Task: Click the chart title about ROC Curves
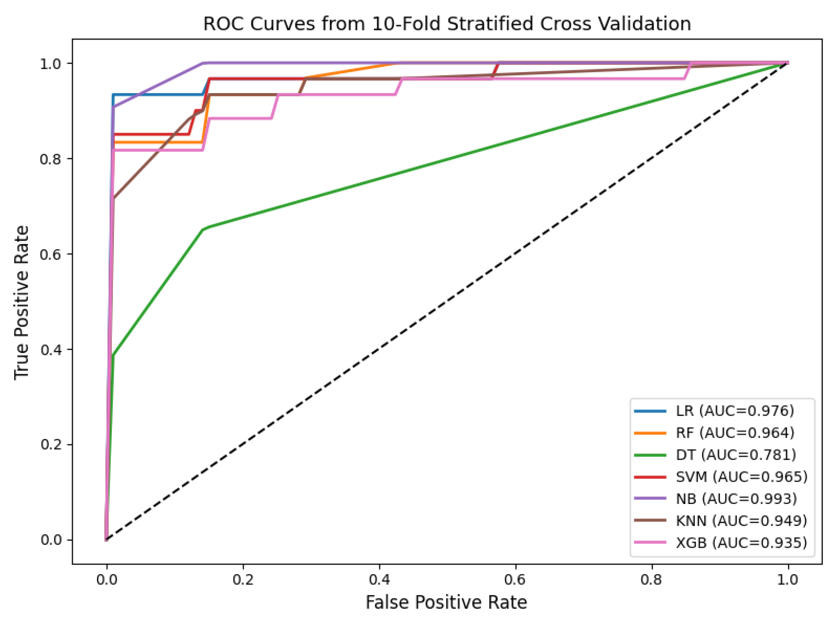coord(447,24)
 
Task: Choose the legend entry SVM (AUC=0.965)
coord(721,477)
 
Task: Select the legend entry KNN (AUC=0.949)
coord(721,521)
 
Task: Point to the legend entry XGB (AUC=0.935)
coord(721,542)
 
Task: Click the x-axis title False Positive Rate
coord(446,603)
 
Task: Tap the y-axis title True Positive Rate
coord(21,303)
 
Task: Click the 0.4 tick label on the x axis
coord(379,580)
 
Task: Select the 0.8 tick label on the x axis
coord(651,580)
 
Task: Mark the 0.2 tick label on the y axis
coord(51,444)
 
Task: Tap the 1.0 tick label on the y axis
coord(51,63)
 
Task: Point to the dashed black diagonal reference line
coord(447,301)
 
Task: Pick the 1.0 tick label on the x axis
coord(788,580)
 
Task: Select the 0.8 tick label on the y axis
coord(51,158)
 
